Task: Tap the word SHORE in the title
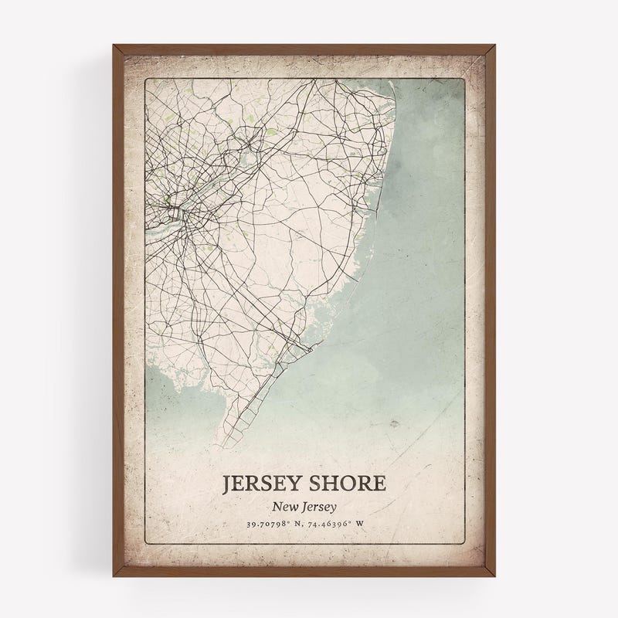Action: coord(348,484)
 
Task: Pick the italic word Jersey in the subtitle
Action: coord(324,508)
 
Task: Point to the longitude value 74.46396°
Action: coord(336,525)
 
